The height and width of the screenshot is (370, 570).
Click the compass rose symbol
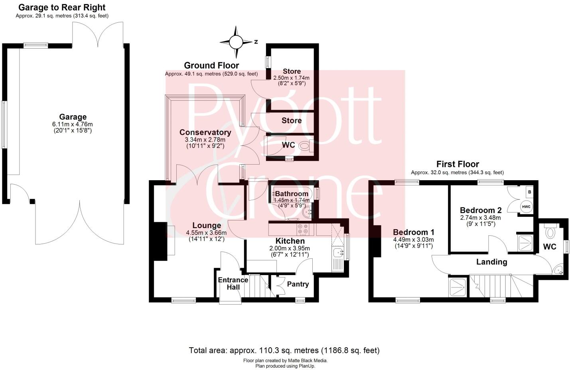(236, 41)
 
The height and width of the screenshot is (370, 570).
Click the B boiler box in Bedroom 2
(529, 192)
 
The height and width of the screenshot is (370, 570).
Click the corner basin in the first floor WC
(559, 270)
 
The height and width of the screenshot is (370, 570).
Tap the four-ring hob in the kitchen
(303, 229)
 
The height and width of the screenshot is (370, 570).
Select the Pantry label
(298, 284)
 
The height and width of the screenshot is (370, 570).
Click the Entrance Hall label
(233, 283)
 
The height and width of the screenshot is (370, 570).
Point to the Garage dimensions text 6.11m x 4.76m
(73, 124)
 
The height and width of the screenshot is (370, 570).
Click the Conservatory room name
(205, 132)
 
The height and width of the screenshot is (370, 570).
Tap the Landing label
(491, 262)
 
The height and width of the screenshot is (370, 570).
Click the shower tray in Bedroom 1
(458, 287)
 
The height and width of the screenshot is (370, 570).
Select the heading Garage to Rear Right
(62, 7)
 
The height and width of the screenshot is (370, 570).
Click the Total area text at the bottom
(284, 350)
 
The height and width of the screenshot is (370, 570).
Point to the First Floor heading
(458, 164)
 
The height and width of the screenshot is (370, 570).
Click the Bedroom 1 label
(413, 232)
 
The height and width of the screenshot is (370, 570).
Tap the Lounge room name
(206, 226)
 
